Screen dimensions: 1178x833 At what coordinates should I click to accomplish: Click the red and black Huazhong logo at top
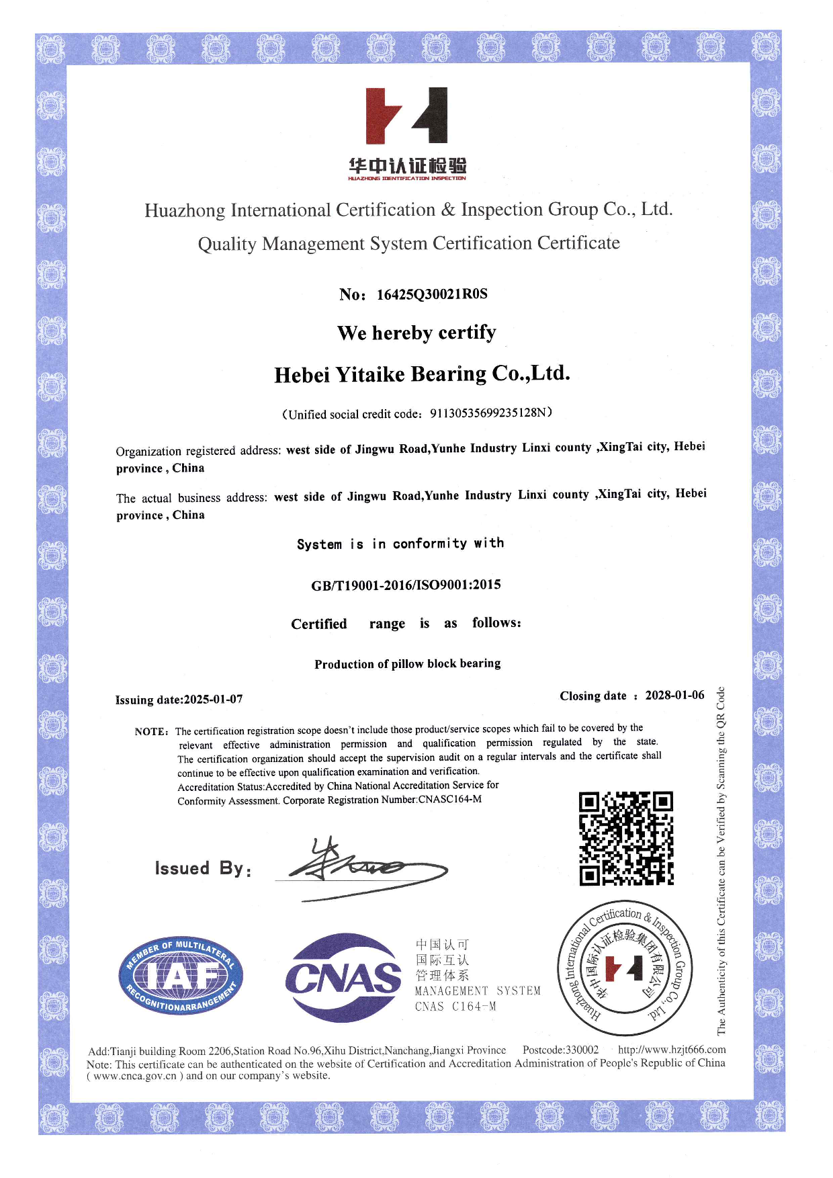tap(406, 116)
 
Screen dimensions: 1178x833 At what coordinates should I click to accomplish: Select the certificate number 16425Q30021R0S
tap(432, 294)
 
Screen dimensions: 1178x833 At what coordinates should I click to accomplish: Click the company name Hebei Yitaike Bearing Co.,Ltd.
tap(422, 374)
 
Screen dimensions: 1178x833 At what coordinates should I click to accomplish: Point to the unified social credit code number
tap(488, 413)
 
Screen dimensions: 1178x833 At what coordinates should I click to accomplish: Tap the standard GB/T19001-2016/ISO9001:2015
tap(406, 585)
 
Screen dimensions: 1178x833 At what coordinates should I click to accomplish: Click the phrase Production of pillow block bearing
tap(407, 664)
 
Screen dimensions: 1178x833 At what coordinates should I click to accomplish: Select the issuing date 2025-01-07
tap(214, 700)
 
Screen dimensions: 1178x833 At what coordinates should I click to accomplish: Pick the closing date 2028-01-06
tap(674, 696)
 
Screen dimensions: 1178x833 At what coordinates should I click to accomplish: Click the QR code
tap(626, 838)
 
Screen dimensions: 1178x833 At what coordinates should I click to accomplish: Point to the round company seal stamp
tap(625, 968)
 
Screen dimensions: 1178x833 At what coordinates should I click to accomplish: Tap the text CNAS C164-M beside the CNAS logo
tap(455, 1007)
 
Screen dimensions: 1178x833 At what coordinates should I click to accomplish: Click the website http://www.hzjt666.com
tap(672, 1050)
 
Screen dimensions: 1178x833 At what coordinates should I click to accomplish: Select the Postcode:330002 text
tap(560, 1050)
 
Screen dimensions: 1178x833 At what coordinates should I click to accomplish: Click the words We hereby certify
tap(416, 333)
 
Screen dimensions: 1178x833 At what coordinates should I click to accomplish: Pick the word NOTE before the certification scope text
tap(150, 732)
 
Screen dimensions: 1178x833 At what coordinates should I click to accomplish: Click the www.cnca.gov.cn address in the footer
tap(134, 1076)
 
